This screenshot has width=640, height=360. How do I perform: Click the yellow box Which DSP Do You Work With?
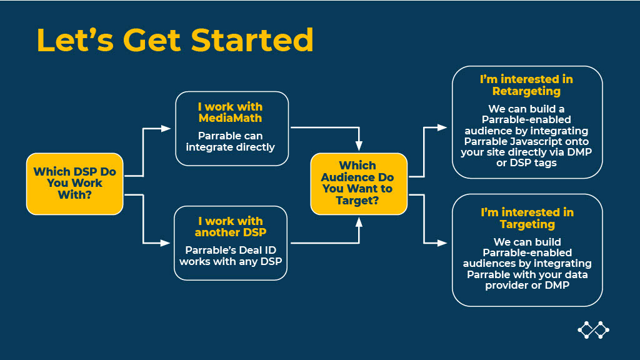click(x=74, y=184)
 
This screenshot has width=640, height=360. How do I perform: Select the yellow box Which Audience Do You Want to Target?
click(x=358, y=183)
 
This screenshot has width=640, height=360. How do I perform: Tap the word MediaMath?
click(x=231, y=117)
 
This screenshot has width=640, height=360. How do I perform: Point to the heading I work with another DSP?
click(x=230, y=226)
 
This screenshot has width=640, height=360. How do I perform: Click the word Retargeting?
click(x=526, y=91)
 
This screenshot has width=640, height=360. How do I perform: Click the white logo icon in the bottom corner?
click(x=592, y=330)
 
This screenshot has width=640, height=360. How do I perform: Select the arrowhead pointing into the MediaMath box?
click(x=166, y=128)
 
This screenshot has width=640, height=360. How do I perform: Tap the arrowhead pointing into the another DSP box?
click(x=166, y=242)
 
